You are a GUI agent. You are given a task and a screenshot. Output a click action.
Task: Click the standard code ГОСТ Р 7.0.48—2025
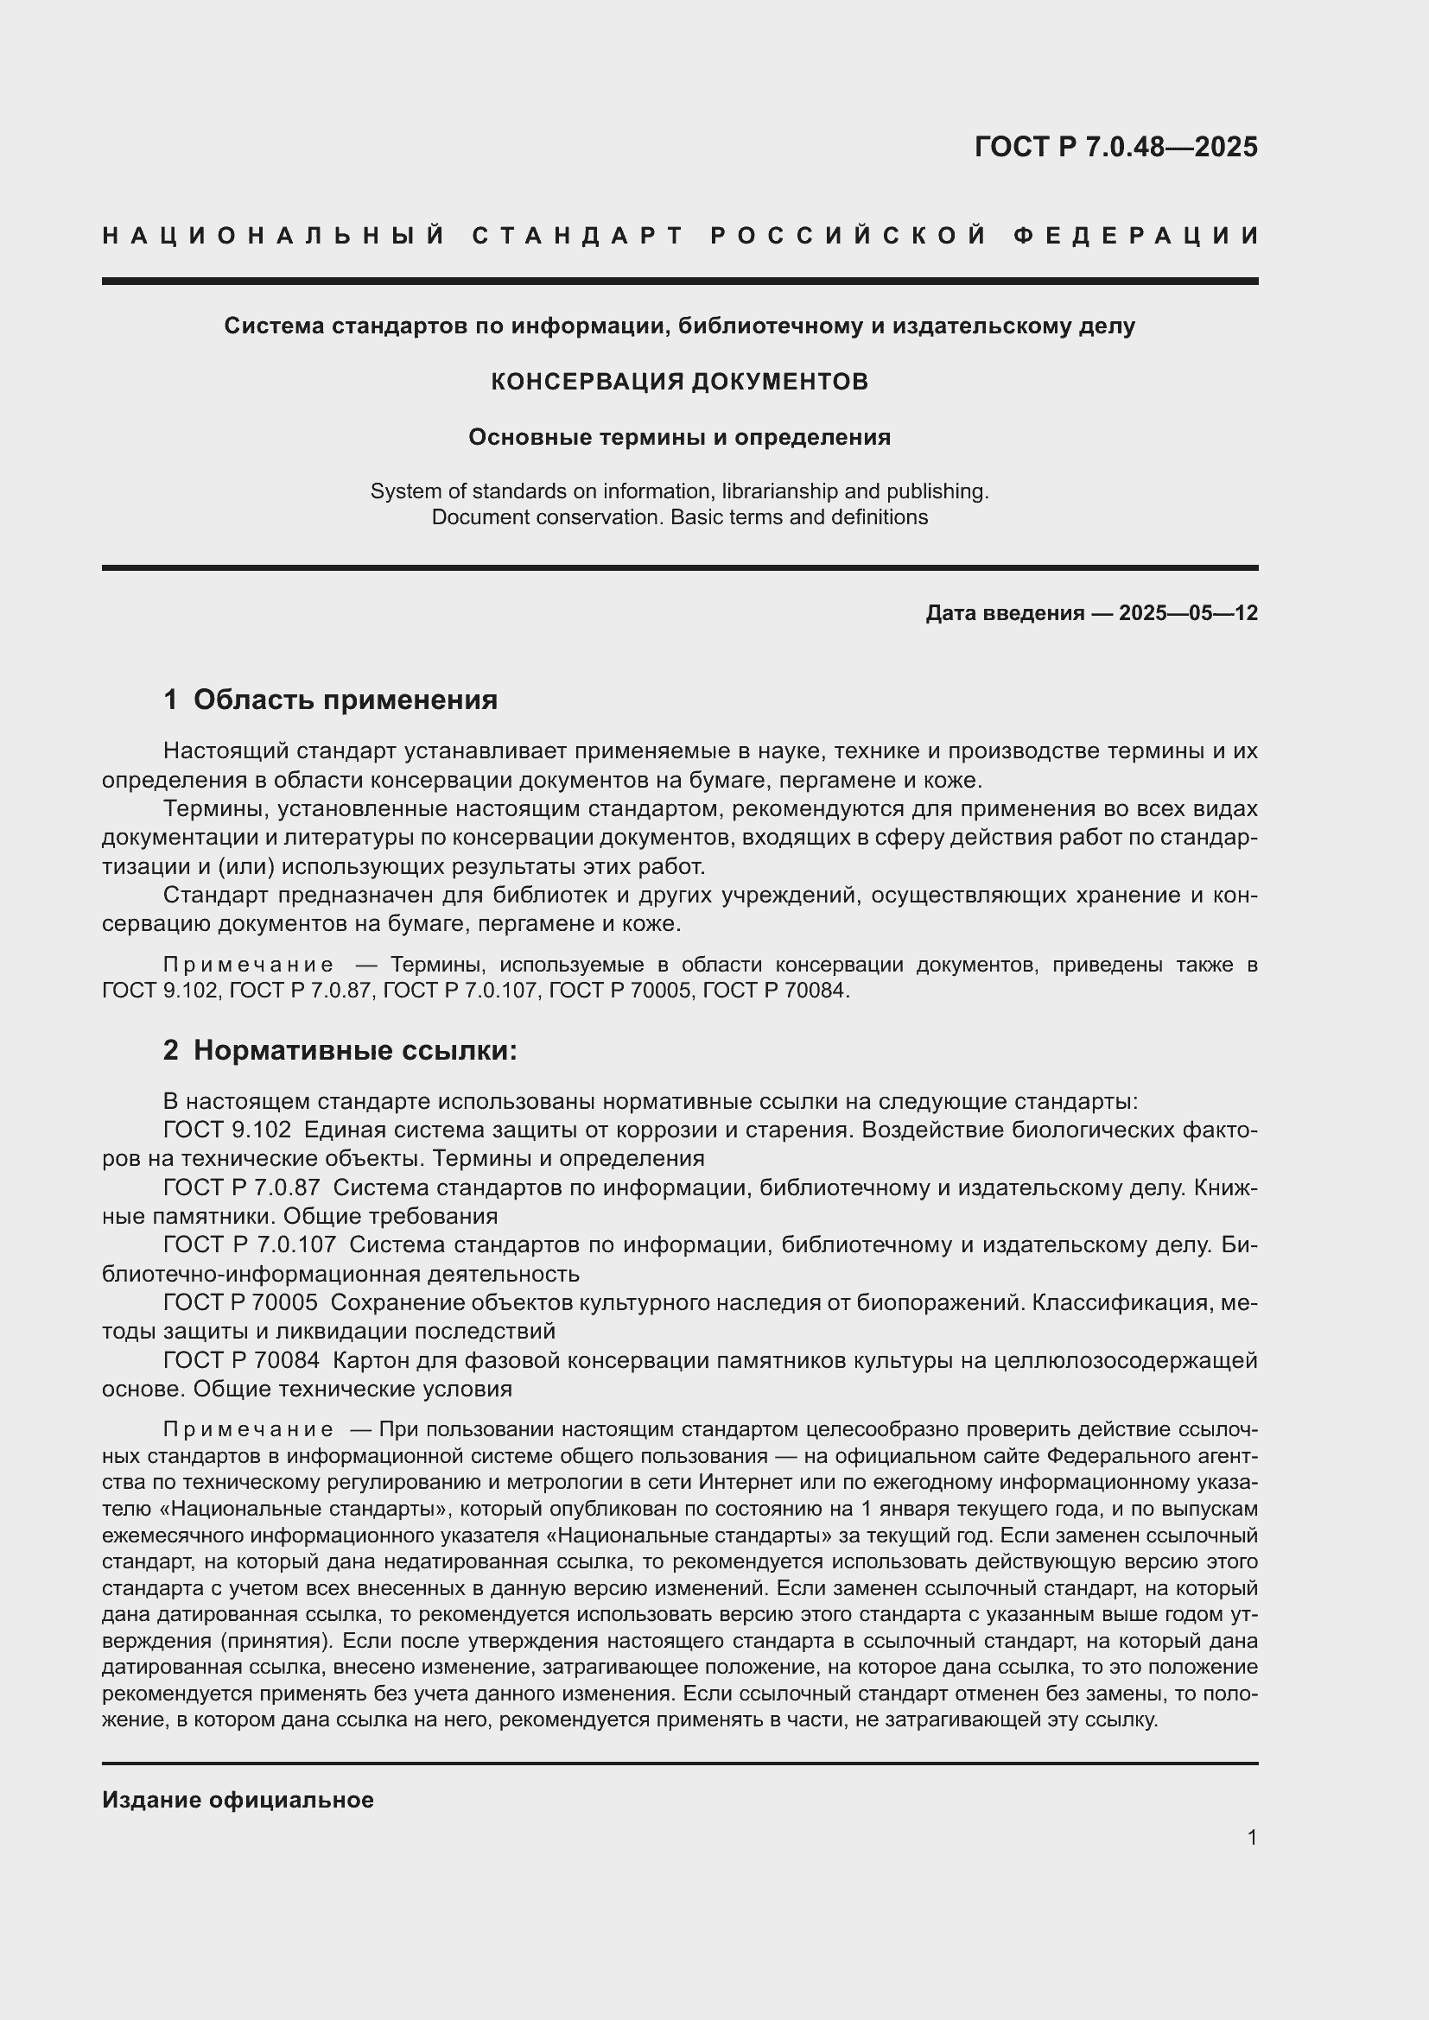[1115, 147]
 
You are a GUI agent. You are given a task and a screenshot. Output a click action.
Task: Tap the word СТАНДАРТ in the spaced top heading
[578, 236]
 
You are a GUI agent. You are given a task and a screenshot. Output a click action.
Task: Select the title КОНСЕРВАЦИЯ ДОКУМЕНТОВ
[679, 382]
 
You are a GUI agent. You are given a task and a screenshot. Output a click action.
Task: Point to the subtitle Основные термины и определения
[679, 437]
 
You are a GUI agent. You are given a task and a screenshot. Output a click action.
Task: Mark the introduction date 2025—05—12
[1188, 613]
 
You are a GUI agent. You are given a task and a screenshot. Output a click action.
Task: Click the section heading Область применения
[345, 700]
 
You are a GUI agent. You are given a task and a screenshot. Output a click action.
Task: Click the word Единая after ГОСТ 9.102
[342, 1130]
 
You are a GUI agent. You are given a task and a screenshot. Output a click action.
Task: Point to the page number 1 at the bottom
[1251, 1838]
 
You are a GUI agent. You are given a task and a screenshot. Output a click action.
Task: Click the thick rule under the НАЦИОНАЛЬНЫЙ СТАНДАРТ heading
[679, 282]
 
